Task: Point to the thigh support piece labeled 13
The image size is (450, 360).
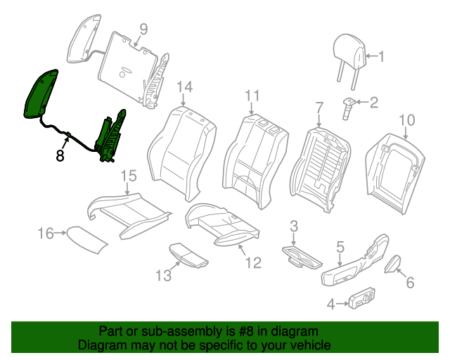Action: click(x=188, y=254)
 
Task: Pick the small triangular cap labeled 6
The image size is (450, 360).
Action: click(x=392, y=264)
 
